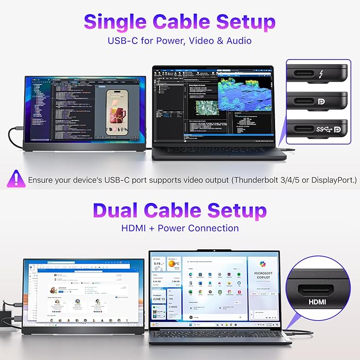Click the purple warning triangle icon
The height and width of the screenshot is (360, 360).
pos(16,179)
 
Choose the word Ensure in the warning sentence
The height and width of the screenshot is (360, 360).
pos(44,180)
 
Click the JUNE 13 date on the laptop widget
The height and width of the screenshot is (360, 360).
pos(159,297)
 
